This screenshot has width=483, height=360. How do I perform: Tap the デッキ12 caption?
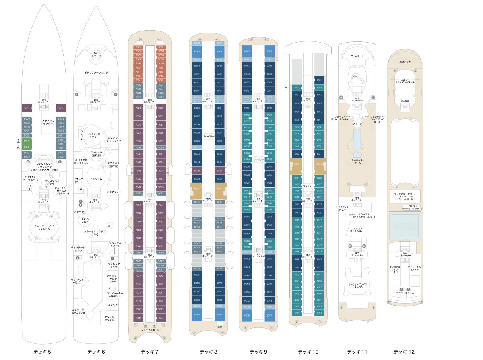click(x=404, y=352)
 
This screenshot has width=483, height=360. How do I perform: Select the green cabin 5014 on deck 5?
click(x=27, y=141)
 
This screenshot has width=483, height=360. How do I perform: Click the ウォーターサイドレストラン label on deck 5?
click(x=47, y=227)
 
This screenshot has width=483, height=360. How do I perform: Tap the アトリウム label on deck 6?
click(x=96, y=179)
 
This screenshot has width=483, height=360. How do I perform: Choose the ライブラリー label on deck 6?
click(x=114, y=192)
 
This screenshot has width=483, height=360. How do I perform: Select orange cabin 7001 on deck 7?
click(x=161, y=47)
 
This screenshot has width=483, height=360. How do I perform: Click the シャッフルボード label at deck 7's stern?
click(x=150, y=330)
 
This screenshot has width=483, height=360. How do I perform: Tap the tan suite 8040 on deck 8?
click(x=197, y=188)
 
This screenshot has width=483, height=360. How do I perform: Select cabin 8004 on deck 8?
click(x=197, y=52)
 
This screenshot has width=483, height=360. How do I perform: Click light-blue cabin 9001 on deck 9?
click(x=269, y=52)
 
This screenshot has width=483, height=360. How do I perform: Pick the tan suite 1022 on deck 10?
click(x=297, y=164)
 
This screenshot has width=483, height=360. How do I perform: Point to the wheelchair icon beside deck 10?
click(x=286, y=87)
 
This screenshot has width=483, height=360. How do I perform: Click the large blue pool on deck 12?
click(x=405, y=224)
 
